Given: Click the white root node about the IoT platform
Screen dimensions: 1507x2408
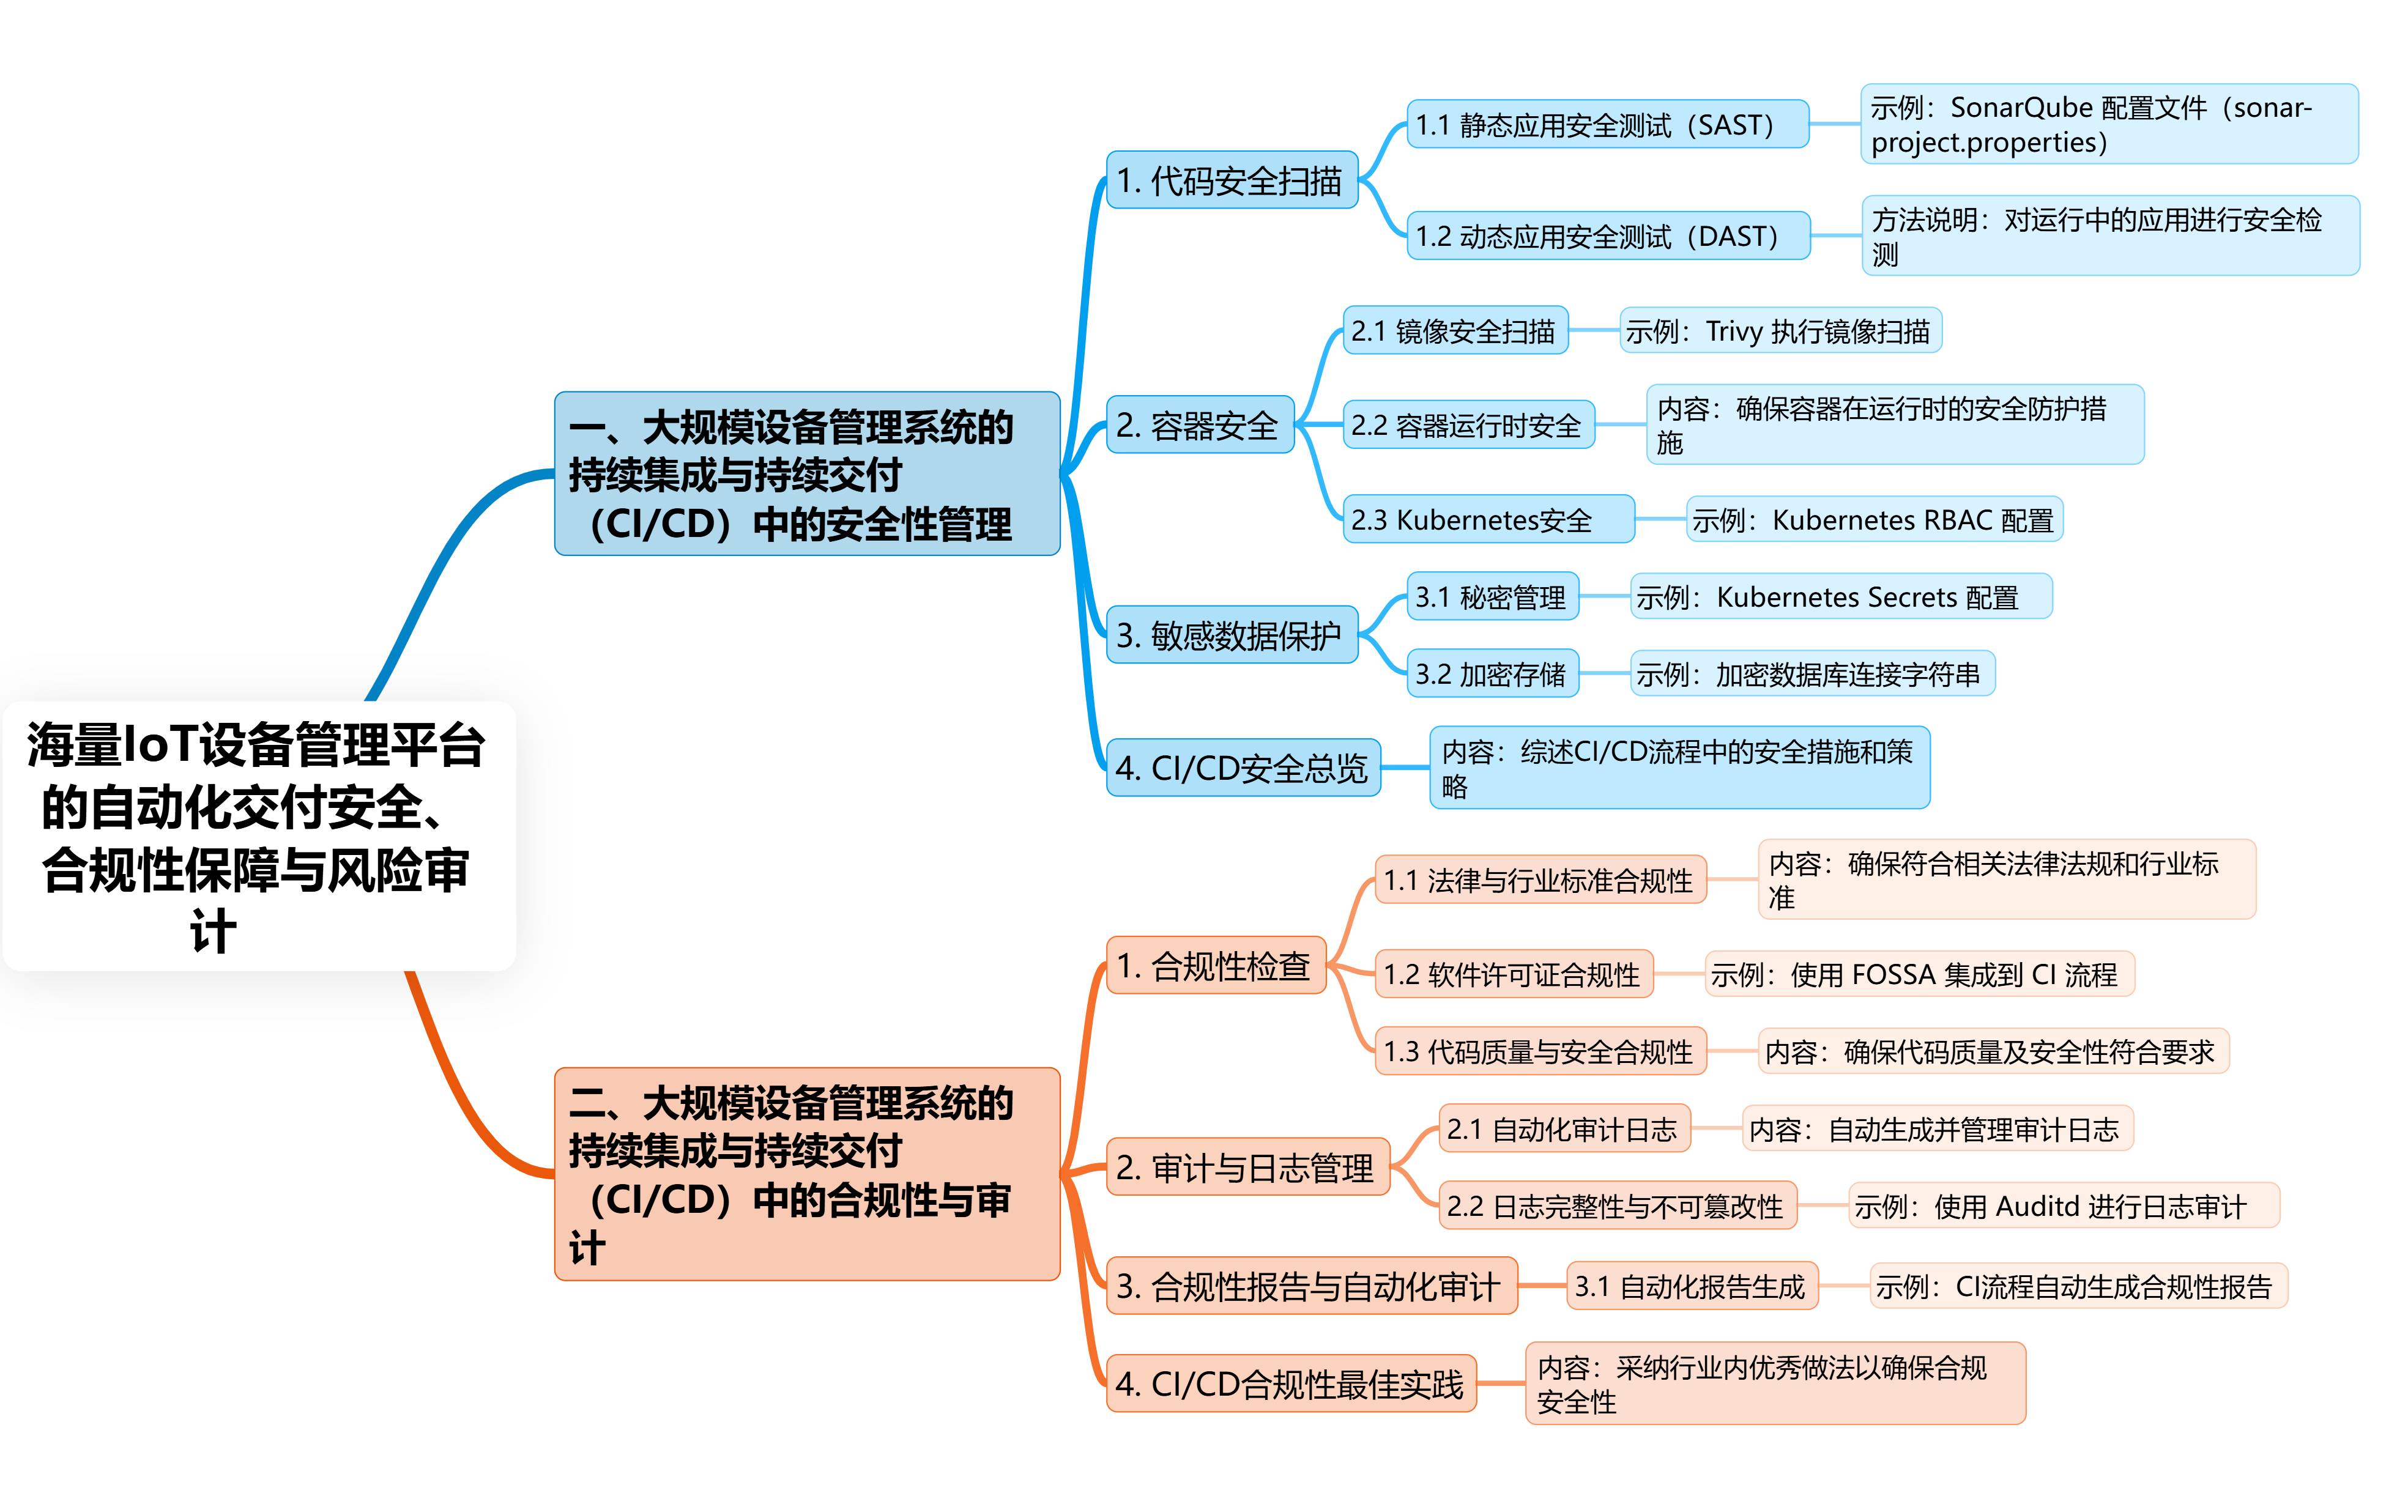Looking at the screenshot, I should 259,835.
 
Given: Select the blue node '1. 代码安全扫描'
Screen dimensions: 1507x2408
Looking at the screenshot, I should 1232,180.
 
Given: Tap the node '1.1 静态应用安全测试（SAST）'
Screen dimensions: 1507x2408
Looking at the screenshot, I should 1607,125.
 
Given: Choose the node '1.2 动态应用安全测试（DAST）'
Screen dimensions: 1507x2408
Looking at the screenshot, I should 1607,236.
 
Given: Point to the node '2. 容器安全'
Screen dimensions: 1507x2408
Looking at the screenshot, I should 1199,426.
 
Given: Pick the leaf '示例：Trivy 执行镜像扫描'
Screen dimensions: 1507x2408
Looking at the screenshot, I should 1779,331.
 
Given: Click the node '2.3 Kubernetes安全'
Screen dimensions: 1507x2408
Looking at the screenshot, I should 1487,519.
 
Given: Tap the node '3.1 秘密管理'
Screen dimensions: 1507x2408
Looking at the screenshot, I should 1491,597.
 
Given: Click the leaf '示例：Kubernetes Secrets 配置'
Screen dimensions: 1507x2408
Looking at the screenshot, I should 1840,597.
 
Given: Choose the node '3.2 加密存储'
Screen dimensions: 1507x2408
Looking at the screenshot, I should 1491,675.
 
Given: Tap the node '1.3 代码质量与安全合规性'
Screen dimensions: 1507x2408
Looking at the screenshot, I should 1539,1051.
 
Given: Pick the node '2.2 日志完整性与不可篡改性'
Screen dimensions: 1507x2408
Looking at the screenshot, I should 1616,1206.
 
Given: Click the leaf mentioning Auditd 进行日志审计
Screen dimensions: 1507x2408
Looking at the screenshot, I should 2062,1206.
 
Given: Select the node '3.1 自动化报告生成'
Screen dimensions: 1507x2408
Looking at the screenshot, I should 1690,1286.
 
